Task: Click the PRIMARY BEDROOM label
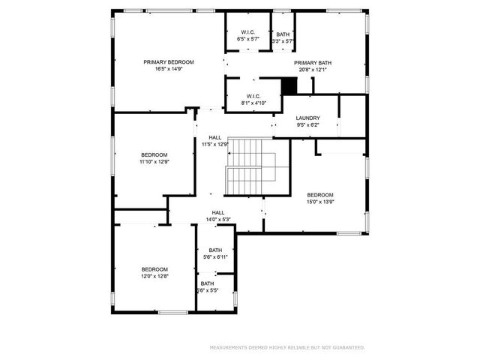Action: pos(169,61)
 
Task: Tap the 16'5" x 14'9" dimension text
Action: pos(169,69)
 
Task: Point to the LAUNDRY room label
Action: pos(307,118)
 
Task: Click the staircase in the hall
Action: pos(250,166)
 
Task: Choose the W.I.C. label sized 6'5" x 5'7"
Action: pos(247,32)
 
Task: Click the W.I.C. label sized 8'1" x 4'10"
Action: pos(251,94)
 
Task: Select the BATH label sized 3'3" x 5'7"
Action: pos(283,34)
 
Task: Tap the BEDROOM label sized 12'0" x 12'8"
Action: pos(154,268)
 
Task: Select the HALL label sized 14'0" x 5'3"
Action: pos(217,212)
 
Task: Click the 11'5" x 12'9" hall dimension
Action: pos(215,144)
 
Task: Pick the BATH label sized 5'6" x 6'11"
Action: pos(215,250)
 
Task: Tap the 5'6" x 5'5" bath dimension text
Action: pos(208,290)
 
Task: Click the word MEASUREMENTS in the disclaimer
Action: pos(228,347)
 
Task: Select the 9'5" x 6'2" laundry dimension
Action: pos(307,124)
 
